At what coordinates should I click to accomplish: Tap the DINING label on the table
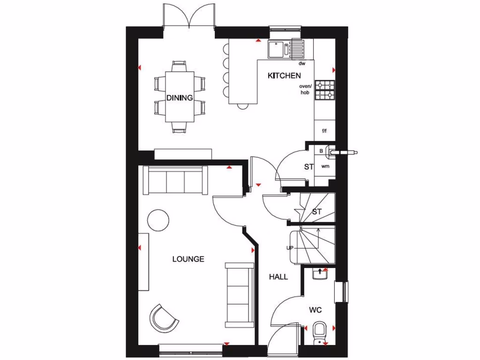(x=180, y=98)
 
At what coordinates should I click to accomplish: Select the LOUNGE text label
(x=188, y=259)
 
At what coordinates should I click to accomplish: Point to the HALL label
(x=278, y=277)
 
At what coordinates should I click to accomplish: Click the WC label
(x=315, y=310)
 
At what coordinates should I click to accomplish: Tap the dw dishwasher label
(x=302, y=63)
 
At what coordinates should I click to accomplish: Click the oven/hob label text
(x=306, y=90)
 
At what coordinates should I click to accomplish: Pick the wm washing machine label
(x=325, y=166)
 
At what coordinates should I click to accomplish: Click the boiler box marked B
(x=321, y=151)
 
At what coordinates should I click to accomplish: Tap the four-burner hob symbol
(x=325, y=90)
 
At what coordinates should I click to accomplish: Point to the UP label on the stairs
(x=291, y=248)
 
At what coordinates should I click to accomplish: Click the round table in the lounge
(x=158, y=219)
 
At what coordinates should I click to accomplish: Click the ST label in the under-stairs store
(x=317, y=211)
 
